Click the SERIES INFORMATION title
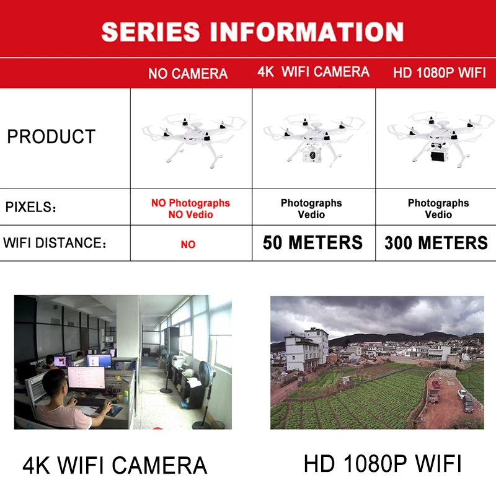click(x=252, y=31)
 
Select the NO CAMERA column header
click(x=188, y=74)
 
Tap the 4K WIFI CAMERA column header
click(x=313, y=72)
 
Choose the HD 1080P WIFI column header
click(x=439, y=73)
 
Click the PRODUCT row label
click(x=51, y=136)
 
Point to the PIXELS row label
click(x=31, y=207)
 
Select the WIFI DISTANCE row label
click(x=55, y=242)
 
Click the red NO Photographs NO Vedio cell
click(x=190, y=208)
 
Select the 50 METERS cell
click(x=312, y=242)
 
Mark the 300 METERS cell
click(x=436, y=243)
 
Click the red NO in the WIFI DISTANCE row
click(x=188, y=244)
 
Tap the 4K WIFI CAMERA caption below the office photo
click(x=115, y=465)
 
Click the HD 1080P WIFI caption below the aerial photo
click(x=383, y=463)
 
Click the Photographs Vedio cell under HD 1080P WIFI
click(x=438, y=208)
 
